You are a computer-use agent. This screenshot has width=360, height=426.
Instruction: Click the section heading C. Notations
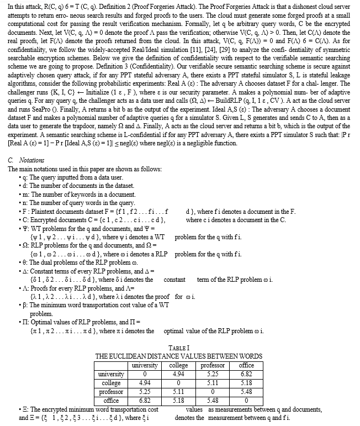[x=26, y=160]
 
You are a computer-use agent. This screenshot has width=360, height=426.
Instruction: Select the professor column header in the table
[x=211, y=366]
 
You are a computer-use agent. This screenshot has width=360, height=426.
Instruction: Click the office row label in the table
[x=112, y=400]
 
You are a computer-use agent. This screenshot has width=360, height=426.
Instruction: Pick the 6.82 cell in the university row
[x=246, y=374]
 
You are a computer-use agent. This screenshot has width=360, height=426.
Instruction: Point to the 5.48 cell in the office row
[x=211, y=400]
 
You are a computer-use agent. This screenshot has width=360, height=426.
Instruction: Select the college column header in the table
[x=178, y=366]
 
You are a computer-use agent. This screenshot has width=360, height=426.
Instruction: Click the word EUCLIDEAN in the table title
[x=133, y=356]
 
